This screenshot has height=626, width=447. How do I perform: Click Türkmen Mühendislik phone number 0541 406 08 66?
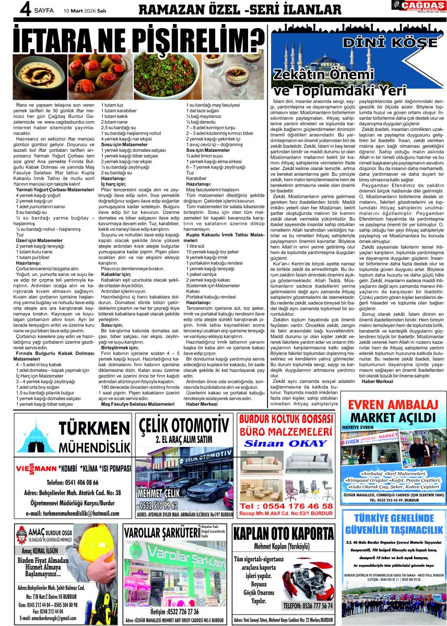[73, 482]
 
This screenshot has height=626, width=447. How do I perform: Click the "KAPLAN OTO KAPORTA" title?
[283, 534]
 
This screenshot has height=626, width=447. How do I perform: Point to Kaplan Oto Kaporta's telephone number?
[308, 606]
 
